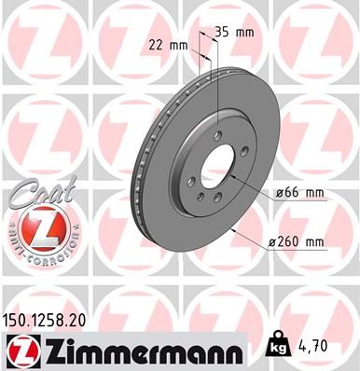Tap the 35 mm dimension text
(234, 32)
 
